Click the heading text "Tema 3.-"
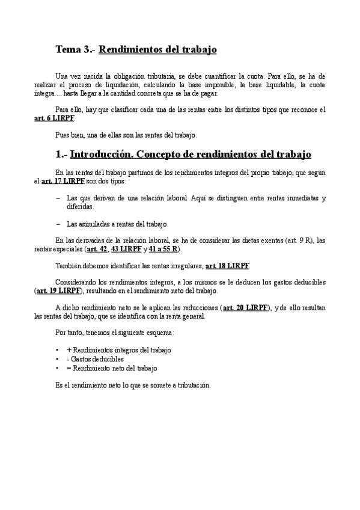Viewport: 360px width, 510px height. tap(75, 49)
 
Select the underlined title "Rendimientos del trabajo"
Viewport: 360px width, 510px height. tap(157, 49)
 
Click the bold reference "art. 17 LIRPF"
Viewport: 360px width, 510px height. tap(63, 181)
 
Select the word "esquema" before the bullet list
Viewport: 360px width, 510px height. tap(156, 333)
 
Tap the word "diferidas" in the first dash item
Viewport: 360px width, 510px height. tap(81, 206)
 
